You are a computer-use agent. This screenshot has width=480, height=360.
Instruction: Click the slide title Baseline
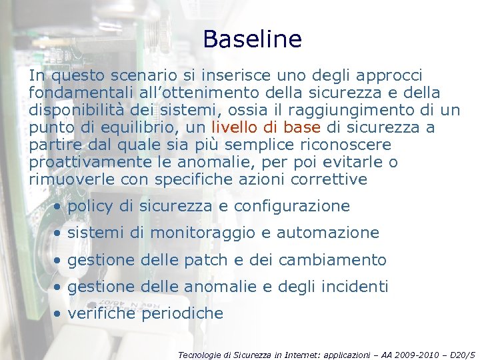pos(252,39)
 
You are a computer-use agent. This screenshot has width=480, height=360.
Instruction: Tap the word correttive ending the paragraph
pos(333,179)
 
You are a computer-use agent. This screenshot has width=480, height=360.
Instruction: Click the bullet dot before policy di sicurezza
pos(59,207)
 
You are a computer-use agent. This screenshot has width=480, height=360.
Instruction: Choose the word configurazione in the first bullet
pos(292,206)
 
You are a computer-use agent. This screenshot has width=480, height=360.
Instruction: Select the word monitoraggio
pos(198,233)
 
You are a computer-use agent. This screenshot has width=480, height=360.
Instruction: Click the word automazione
pos(328,233)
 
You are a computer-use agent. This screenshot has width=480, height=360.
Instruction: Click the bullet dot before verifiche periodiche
pos(59,314)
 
